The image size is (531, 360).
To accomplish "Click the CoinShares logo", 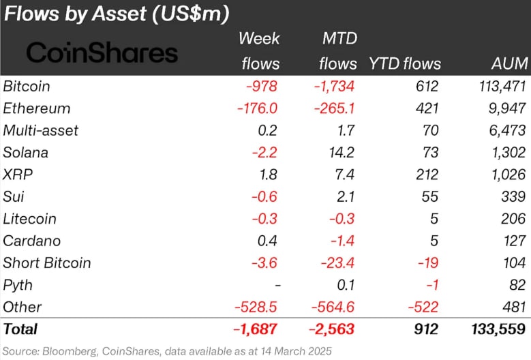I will coord(102,52).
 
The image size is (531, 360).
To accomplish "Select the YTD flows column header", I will coord(404,64).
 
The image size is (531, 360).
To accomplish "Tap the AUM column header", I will coord(509,64).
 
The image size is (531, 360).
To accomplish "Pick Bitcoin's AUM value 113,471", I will coord(497,87).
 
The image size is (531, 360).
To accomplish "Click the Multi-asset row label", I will coord(41,130).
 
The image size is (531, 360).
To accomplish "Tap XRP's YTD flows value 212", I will coord(426,175).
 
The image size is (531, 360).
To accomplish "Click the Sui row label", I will coord(14,196).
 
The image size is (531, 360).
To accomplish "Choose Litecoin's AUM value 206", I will coord(513,219).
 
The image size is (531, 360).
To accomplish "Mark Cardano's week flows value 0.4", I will coord(269,241).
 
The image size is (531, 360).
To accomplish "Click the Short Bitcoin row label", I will coord(47,262).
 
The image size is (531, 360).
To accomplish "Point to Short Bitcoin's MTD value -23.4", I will coord(338,262).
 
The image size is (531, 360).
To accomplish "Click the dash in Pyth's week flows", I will coord(275,285).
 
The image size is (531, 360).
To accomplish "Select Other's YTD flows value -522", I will coord(423,307).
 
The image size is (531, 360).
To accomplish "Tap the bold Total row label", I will coord(21,329).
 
